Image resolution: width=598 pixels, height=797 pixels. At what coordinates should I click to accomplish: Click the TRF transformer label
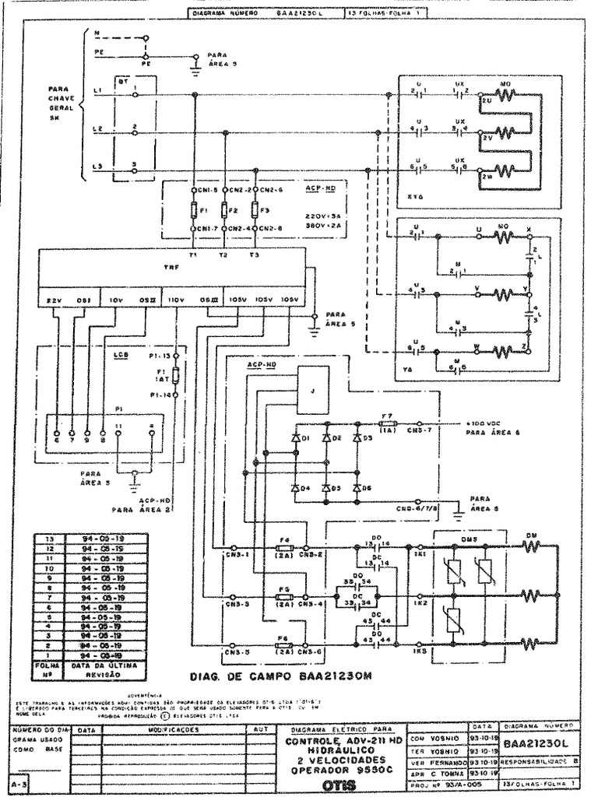click(171, 267)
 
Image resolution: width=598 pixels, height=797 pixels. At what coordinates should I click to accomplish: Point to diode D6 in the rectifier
click(357, 488)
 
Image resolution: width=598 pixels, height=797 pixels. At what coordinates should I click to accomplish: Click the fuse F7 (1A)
click(387, 425)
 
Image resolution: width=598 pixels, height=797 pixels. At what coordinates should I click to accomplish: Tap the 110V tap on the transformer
click(177, 300)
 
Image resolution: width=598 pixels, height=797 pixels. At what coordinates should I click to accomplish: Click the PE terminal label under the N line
click(144, 65)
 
